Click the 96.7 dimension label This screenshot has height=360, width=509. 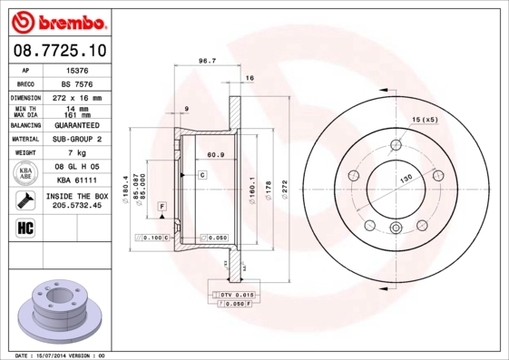207,62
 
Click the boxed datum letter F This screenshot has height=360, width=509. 161,208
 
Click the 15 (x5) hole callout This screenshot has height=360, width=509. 425,120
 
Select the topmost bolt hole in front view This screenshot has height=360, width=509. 396,146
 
